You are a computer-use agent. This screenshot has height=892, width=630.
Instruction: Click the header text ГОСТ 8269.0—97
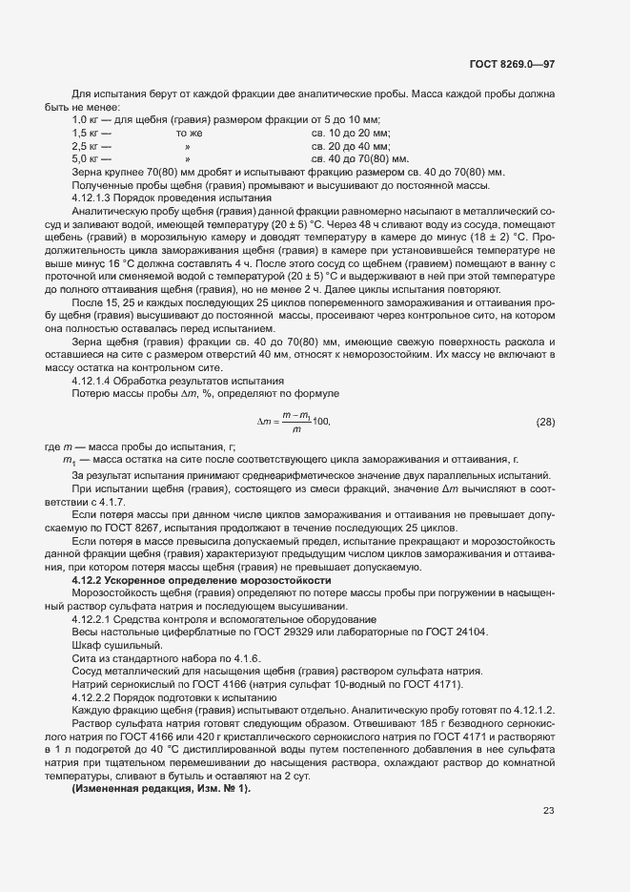512,65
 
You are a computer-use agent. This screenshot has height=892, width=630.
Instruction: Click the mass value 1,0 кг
87,120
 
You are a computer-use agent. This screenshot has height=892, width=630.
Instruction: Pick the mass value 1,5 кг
87,134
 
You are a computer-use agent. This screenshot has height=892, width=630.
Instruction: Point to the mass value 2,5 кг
87,146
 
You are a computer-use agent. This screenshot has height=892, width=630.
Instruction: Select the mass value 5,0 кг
87,158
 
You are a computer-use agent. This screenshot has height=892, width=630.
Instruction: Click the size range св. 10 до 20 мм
351,134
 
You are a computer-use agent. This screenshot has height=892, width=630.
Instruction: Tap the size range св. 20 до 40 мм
351,146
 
